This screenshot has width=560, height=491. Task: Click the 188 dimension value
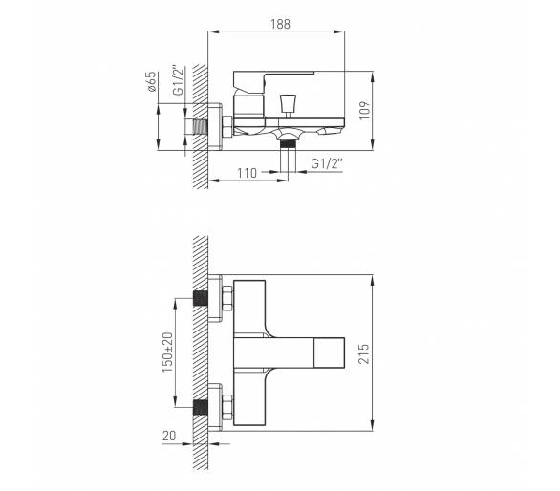point(280,24)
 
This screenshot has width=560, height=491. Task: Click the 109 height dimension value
point(364,111)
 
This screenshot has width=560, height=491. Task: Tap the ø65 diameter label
point(152,81)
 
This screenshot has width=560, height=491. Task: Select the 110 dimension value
point(248,173)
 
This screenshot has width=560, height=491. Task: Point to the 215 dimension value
point(364,353)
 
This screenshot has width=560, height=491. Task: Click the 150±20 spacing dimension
point(167,352)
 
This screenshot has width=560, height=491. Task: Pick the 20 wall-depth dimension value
point(169,436)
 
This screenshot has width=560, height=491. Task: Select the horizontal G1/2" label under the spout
point(327,163)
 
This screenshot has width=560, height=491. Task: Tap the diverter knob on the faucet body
point(289,103)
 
